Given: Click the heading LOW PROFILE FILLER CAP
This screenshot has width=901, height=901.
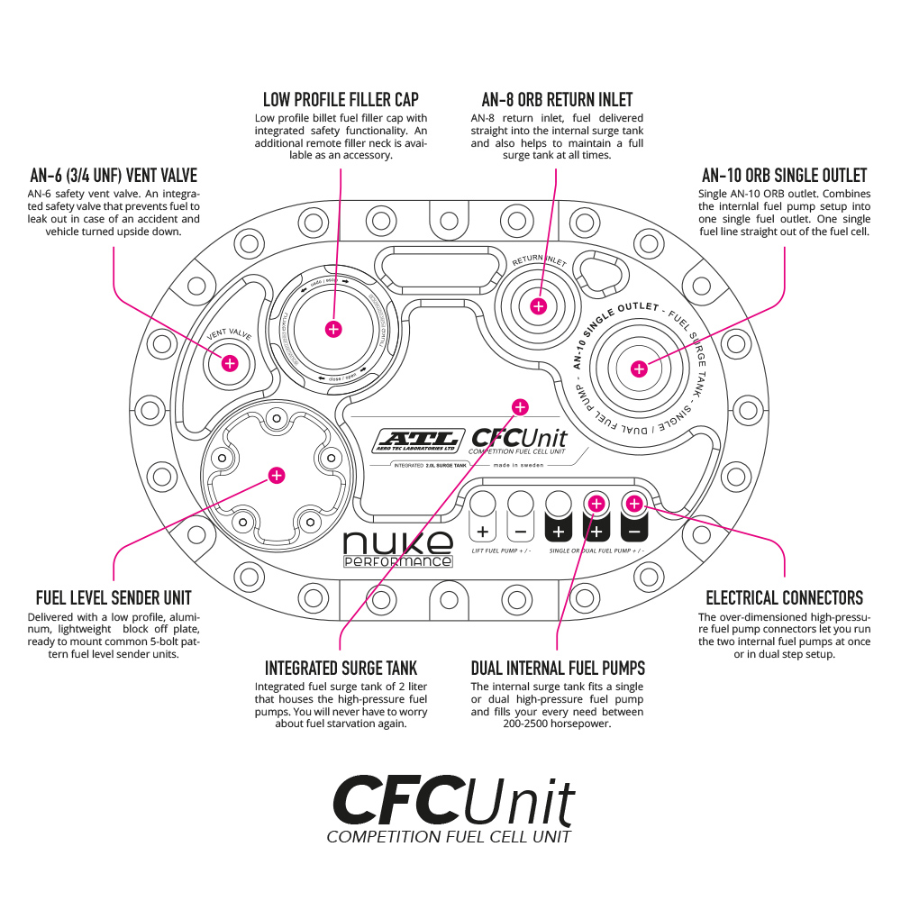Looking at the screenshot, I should (x=341, y=99).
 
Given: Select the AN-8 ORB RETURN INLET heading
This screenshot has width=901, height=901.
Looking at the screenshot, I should (x=557, y=99).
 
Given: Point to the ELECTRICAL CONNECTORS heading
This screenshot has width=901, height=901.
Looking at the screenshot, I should (x=784, y=597).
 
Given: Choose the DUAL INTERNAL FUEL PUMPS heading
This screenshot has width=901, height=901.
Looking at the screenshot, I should (x=558, y=668).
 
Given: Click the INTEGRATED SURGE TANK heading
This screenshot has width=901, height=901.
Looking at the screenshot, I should (x=341, y=668).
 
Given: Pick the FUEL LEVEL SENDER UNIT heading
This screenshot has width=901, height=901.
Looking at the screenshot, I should (x=114, y=597).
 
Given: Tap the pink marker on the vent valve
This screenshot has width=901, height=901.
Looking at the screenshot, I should (x=230, y=363).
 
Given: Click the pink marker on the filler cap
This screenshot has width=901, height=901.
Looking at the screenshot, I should (x=333, y=329).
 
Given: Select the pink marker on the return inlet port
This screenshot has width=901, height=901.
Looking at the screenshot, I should (x=538, y=305).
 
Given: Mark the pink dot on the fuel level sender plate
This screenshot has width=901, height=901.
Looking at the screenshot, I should (x=277, y=475).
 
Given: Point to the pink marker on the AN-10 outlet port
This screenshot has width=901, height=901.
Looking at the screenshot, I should (x=639, y=368).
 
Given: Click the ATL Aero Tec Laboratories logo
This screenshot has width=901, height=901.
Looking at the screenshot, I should (x=418, y=440).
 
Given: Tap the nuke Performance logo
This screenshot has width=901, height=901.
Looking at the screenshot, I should (x=397, y=549).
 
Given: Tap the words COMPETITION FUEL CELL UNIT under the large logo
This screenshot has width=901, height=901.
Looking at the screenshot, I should (x=449, y=837).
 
